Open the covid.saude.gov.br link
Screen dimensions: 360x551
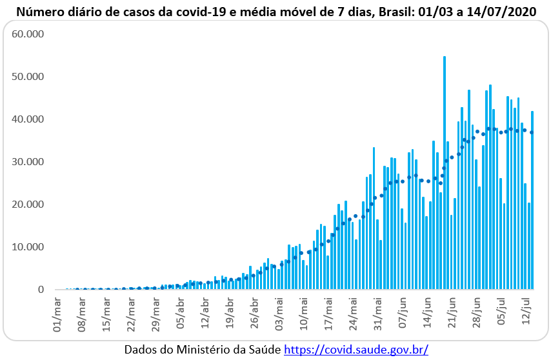click(x=356, y=349)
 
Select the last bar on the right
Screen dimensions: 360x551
click(x=532, y=200)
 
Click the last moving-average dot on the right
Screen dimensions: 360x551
click(x=532, y=132)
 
